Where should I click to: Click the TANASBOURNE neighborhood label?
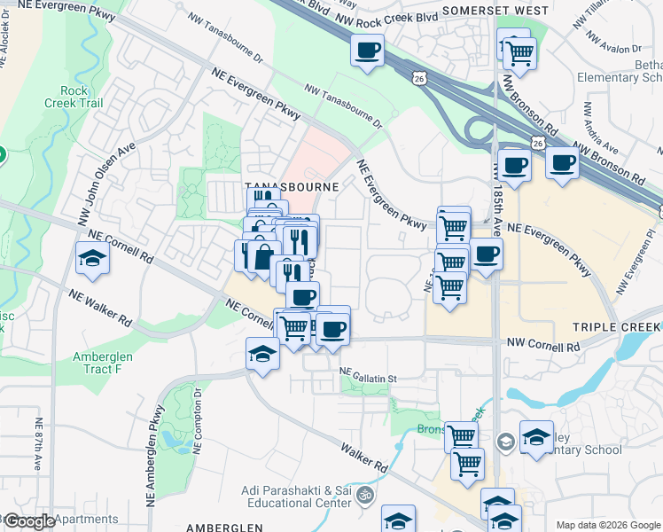[292, 188]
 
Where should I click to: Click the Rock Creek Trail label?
[82, 97]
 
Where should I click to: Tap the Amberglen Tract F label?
[106, 363]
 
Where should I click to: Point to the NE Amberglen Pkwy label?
[160, 433]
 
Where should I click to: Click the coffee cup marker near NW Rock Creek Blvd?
[367, 50]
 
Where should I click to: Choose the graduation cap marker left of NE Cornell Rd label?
[92, 258]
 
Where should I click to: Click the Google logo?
[30, 521]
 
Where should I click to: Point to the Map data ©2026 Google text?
[608, 525]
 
